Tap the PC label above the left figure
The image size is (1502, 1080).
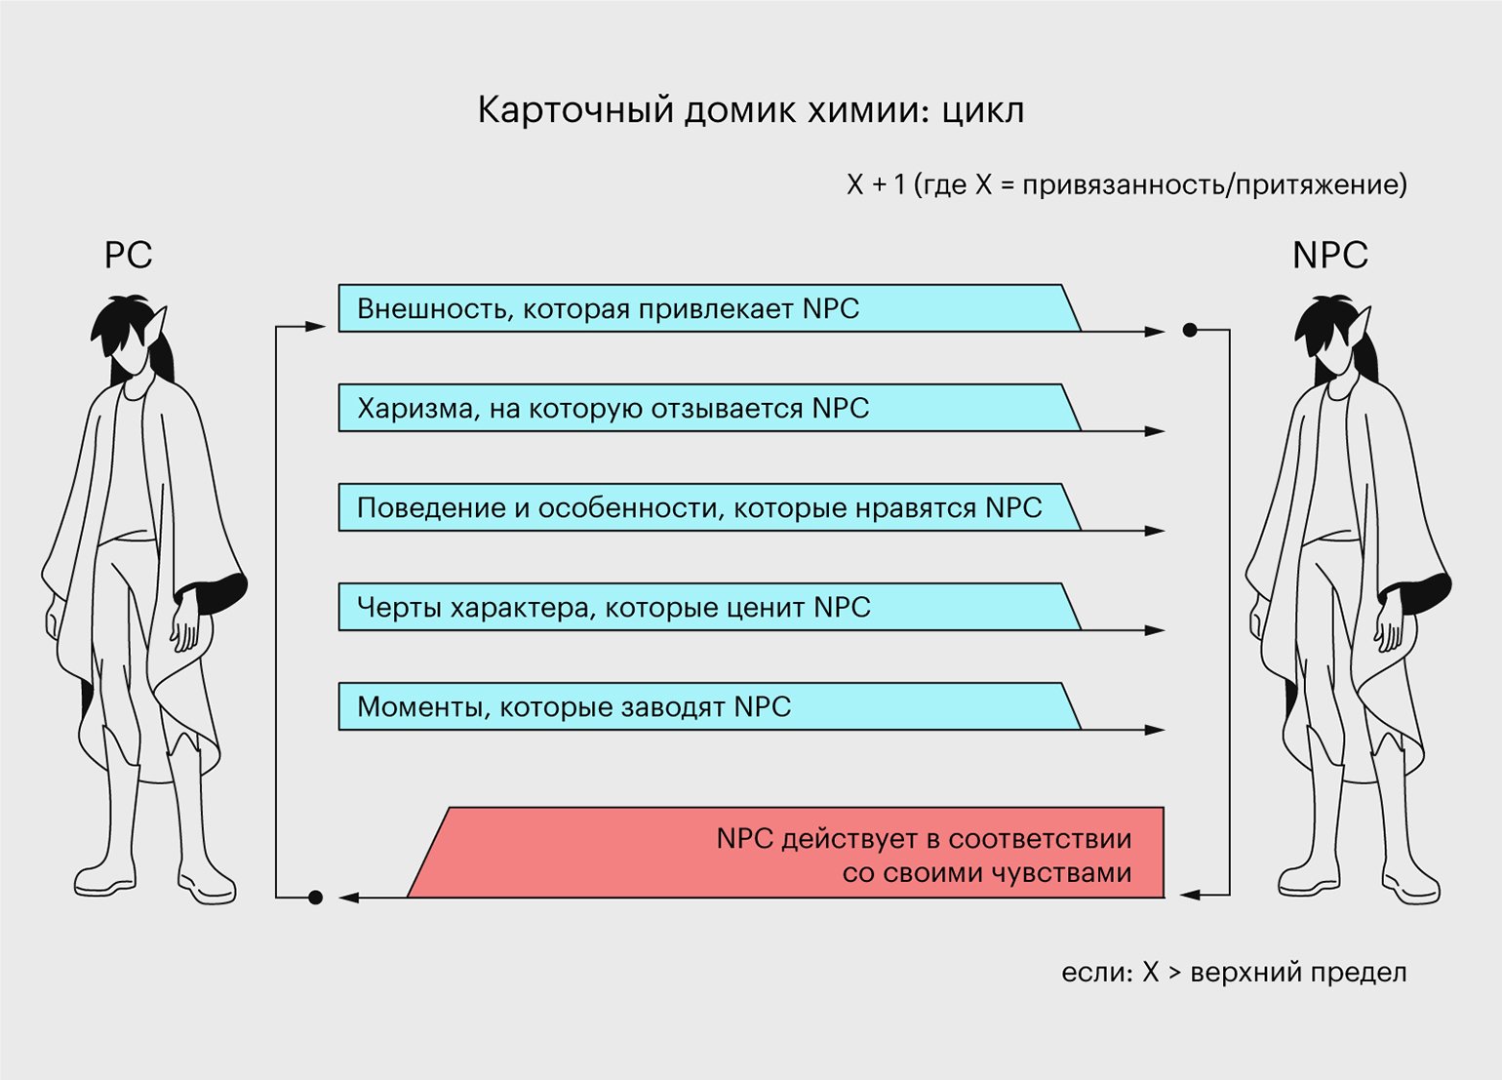click(128, 255)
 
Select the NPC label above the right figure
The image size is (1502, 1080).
click(1330, 255)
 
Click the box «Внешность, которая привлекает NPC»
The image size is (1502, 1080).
click(709, 308)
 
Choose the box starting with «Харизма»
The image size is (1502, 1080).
click(709, 408)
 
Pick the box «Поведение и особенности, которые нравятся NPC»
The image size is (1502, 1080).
click(709, 507)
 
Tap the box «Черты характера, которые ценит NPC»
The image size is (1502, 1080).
click(709, 607)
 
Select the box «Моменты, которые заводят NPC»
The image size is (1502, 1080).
click(709, 706)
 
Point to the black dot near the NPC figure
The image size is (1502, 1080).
click(1190, 330)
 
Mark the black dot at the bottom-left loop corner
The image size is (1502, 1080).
click(315, 898)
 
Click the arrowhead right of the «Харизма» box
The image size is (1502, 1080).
click(1155, 431)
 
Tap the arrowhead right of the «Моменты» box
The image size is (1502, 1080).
click(1155, 730)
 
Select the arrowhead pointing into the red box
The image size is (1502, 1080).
click(1190, 895)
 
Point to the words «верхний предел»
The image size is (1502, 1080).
click(1298, 973)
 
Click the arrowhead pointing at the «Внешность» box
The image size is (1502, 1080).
click(315, 327)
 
